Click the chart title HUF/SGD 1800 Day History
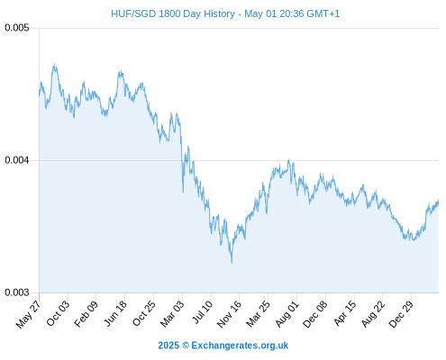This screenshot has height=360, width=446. tap(173, 13)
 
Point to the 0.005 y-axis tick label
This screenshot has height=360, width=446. tap(17, 28)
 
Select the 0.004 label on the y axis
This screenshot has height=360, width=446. tap(17, 160)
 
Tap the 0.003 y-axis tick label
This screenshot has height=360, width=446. tap(17, 292)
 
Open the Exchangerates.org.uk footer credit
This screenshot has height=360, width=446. tap(223, 346)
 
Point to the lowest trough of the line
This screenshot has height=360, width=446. tap(232, 262)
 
